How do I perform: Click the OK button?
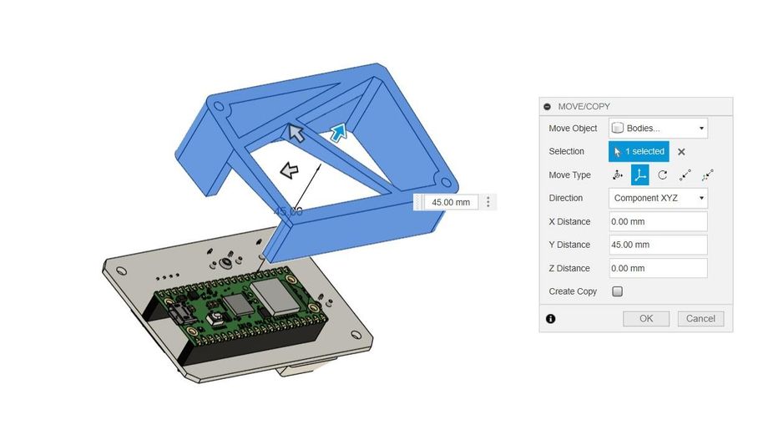click(x=646, y=319)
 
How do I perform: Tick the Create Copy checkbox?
click(x=617, y=291)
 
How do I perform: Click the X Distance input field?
click(x=658, y=221)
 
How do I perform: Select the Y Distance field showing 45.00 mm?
click(x=658, y=245)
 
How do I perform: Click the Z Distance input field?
click(x=658, y=268)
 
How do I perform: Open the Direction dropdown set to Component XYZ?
click(x=658, y=198)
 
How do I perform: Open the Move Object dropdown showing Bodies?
click(x=658, y=129)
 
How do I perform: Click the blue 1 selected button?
click(x=639, y=151)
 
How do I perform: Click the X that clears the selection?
click(x=681, y=152)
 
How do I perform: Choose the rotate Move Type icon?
click(x=663, y=175)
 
